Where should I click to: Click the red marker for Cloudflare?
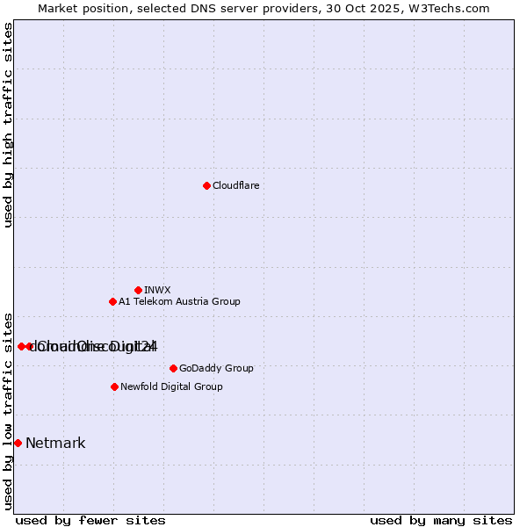[206, 185]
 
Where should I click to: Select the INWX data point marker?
[138, 290]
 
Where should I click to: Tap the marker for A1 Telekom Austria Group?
[112, 301]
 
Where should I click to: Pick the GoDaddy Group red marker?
[173, 368]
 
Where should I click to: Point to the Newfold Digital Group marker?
[114, 386]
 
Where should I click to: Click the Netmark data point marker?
[18, 443]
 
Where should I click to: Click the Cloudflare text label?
[235, 185]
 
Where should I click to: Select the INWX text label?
[157, 290]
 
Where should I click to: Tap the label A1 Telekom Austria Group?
[179, 301]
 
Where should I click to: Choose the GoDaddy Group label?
[216, 368]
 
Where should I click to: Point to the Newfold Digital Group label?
[171, 386]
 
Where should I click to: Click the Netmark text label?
[55, 443]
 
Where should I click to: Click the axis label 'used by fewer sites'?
[90, 520]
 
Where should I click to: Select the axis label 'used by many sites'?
[441, 520]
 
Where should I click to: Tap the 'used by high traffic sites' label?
[8, 125]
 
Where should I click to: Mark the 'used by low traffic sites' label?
[8, 411]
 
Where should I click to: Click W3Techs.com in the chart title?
[446, 8]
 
